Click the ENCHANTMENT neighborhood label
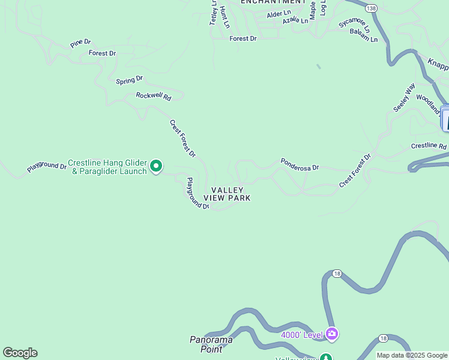tap(273, 2)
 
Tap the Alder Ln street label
tap(279, 13)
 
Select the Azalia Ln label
tap(295, 20)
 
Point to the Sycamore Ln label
tap(354, 24)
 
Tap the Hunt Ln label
tap(224, 17)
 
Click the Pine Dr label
tap(80, 43)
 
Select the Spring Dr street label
tap(129, 80)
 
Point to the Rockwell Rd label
tap(153, 96)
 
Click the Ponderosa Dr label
tap(300, 164)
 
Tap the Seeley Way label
tap(404, 97)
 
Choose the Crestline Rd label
tap(429, 146)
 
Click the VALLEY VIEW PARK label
tap(227, 194)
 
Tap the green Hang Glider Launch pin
tap(156, 166)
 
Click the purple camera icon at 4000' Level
tap(332, 334)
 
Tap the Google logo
tap(20, 353)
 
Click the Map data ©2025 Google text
tap(412, 355)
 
